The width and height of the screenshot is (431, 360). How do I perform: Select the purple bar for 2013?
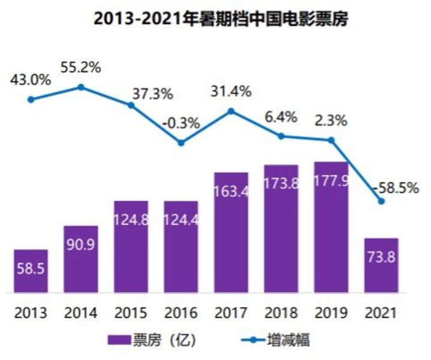31,271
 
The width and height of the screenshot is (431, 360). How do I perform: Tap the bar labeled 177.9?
331,227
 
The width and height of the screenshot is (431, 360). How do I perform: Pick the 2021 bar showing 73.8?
381,265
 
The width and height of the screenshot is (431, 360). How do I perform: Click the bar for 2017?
231,232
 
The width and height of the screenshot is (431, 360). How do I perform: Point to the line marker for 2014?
81,88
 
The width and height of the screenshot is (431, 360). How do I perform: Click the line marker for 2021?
381,201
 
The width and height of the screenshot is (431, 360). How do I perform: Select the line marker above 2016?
181,143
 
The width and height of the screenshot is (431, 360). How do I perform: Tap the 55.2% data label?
81,67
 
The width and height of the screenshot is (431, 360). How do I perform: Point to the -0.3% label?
181,124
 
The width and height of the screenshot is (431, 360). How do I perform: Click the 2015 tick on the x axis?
131,313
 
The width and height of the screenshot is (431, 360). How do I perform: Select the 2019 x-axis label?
331,313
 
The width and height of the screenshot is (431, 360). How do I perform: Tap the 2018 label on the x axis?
281,313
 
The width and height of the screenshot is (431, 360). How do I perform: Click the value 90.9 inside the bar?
81,245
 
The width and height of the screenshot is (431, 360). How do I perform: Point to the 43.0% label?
31,79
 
